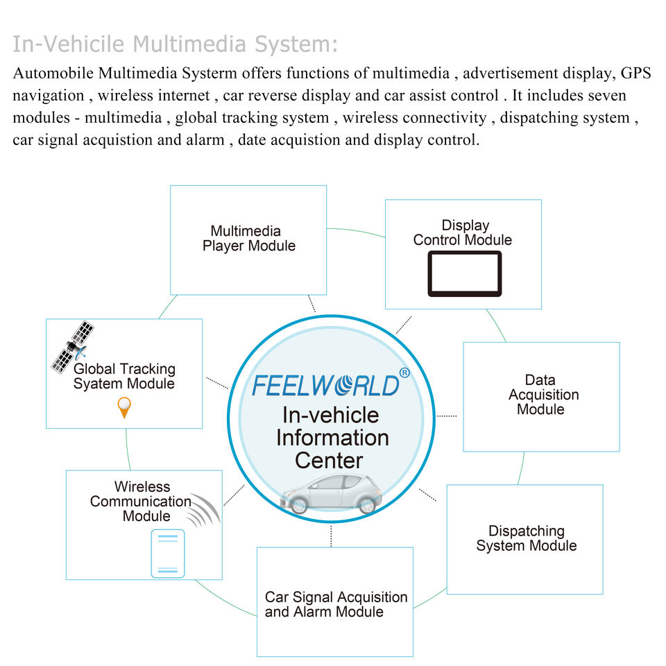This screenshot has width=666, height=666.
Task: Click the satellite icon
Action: coord(73,347)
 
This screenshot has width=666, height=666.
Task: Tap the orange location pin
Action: coord(124,407)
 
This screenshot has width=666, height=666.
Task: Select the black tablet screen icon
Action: coord(465,273)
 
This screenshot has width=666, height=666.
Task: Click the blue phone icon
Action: coord(168,554)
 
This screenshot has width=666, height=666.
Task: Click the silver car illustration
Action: coord(331,495)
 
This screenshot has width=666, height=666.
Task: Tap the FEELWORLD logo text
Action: coord(326,385)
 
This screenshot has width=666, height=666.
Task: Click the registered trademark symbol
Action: coord(404,373)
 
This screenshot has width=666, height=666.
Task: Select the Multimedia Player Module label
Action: coord(248,238)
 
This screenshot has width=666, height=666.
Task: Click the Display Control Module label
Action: coord(463,232)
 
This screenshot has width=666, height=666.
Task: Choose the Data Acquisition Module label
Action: coord(543,395)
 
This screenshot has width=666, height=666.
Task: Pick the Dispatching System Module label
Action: coord(527,538)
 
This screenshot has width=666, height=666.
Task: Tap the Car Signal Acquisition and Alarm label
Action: coord(336,604)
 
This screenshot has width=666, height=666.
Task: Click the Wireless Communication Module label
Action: coord(141,501)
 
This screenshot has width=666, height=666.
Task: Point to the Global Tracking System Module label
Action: coord(124,376)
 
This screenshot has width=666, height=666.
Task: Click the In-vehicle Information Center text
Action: coord(332,438)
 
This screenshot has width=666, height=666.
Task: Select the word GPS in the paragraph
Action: coord(636,73)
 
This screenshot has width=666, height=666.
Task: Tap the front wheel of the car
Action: coord(298,506)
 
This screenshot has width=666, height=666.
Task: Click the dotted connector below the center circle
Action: coord(331,536)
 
